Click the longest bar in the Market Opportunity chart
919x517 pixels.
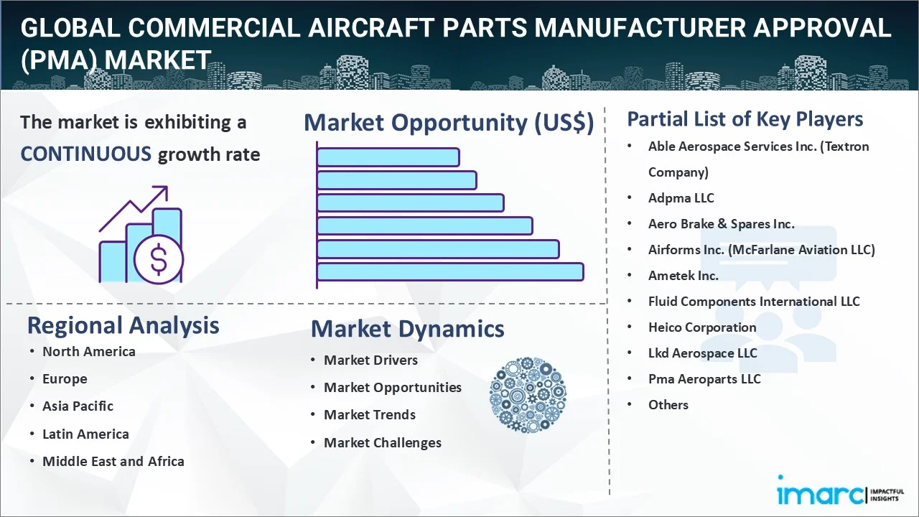coord(450,272)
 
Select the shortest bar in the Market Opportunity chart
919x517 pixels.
coord(388,157)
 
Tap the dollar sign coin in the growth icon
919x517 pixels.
coord(159,260)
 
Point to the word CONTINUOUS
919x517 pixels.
coord(86,154)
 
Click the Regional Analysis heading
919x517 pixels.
coord(123,325)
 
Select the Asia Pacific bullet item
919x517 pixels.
coord(78,406)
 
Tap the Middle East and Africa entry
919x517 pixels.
coord(113,461)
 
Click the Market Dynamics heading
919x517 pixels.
coord(407,329)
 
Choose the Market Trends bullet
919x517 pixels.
coord(370,415)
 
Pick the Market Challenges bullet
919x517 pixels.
coord(383,443)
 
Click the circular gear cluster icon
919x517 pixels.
coord(528,395)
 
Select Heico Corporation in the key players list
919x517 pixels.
coord(702,327)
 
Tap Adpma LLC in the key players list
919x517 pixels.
coord(681,198)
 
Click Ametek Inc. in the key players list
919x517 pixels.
coord(683,276)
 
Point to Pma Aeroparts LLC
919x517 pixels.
coord(704,379)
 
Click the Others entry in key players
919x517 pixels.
coord(668,405)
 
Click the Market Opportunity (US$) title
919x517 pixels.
coord(449,123)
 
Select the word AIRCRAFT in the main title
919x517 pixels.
coord(371,27)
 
